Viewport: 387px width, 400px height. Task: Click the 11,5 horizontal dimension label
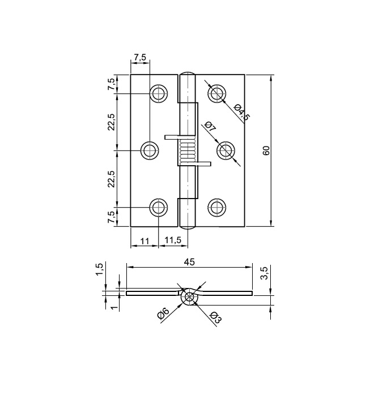(x=172, y=240)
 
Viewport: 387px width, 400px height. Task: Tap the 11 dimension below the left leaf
(x=144, y=240)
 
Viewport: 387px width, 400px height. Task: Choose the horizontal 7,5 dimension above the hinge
(x=140, y=57)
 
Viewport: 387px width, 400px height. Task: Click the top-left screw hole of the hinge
(x=159, y=93)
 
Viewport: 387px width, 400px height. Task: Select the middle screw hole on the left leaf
(x=150, y=150)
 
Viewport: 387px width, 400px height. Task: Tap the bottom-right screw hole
(x=216, y=207)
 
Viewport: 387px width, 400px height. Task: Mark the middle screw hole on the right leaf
(x=226, y=150)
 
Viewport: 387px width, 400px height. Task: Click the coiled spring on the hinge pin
(x=188, y=152)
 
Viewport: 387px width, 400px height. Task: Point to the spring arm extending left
(x=172, y=137)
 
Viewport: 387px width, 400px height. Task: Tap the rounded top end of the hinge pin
(x=188, y=75)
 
